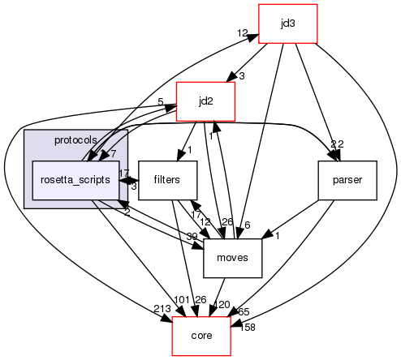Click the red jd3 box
click(x=287, y=24)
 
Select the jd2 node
click(x=205, y=101)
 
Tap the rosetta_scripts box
click(x=75, y=179)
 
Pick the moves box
click(x=231, y=258)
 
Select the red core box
click(x=201, y=336)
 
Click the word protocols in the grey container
click(x=75, y=140)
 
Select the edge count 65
click(x=243, y=311)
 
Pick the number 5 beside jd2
click(x=162, y=102)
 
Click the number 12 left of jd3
click(x=242, y=33)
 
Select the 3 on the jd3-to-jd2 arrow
click(x=241, y=76)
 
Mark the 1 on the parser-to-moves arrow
click(x=276, y=236)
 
